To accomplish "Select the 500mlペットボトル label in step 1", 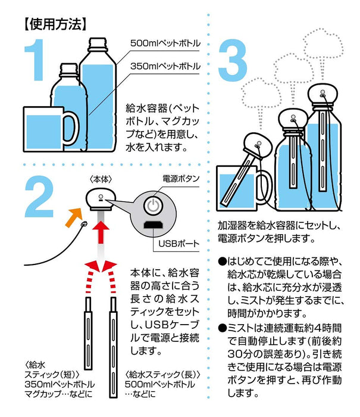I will [x=165, y=44].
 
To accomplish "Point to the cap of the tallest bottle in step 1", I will [x=99, y=45].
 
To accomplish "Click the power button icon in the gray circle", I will [x=153, y=208].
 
